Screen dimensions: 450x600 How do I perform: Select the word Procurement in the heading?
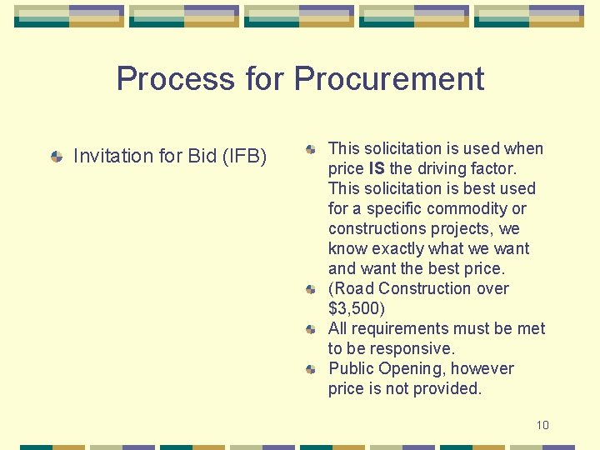click(x=389, y=79)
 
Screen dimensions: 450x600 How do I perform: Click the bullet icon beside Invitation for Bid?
click(x=57, y=156)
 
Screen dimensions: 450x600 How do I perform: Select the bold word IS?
click(x=377, y=169)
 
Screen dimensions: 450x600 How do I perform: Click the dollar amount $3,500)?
click(x=357, y=309)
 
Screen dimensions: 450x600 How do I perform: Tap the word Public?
click(x=351, y=369)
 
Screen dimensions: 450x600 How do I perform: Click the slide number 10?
click(x=542, y=425)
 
